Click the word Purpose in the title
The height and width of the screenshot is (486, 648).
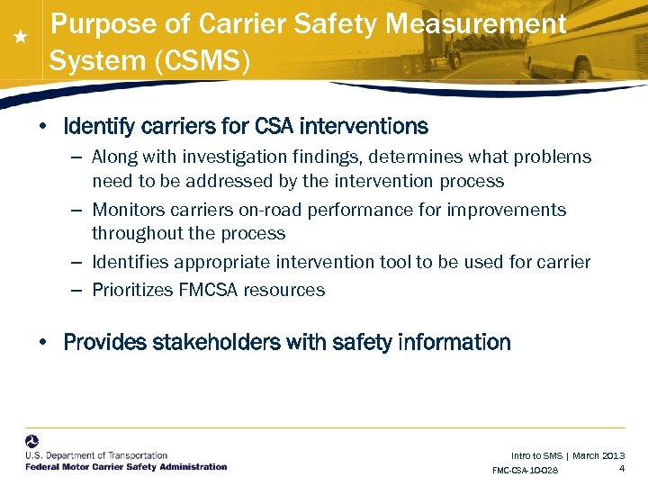coord(93,24)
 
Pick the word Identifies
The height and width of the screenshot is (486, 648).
coord(130,262)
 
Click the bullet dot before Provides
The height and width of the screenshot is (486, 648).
coord(42,343)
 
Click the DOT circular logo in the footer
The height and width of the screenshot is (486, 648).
coord(32,443)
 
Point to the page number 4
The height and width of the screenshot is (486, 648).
coord(622,468)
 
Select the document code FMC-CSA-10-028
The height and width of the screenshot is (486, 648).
coord(525,471)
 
